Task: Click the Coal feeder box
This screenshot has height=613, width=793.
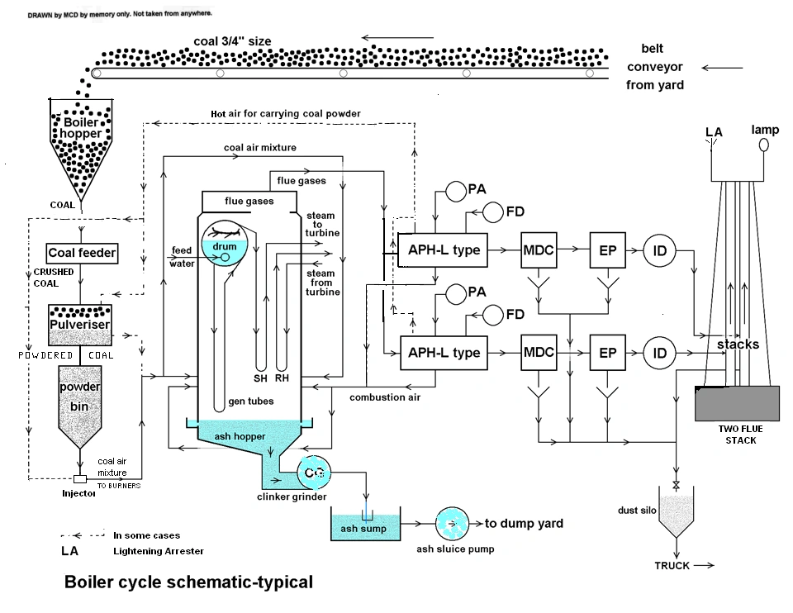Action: click(82, 253)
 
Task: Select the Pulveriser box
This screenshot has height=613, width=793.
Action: click(79, 324)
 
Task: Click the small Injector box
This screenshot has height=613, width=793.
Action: click(79, 479)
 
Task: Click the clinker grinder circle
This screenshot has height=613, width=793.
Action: click(313, 473)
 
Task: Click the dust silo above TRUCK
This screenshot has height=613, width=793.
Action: click(676, 514)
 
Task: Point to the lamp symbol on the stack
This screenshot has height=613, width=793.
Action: click(764, 145)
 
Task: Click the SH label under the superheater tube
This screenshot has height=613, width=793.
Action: click(261, 378)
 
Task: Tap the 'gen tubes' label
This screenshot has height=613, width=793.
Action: click(250, 402)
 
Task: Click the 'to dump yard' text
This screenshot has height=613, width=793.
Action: click(524, 523)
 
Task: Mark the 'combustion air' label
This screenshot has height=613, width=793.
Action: click(385, 397)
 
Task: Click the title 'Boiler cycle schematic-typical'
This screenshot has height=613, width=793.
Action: click(188, 582)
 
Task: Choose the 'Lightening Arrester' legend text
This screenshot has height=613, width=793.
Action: click(158, 551)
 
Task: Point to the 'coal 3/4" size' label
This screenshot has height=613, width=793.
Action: click(232, 41)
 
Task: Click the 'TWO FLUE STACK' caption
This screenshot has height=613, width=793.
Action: click(740, 435)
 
